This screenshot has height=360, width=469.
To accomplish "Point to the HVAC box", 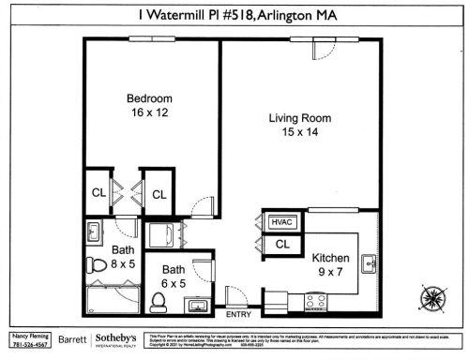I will click(x=280, y=223).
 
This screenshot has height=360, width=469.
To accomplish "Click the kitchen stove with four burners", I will click(x=317, y=301).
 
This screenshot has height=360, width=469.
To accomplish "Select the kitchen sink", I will click(x=370, y=262).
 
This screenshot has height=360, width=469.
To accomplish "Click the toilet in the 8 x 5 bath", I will click(x=94, y=264).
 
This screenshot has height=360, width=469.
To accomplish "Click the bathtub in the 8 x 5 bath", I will click(x=111, y=299).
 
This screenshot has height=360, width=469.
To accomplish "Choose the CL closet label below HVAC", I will click(x=280, y=245).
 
